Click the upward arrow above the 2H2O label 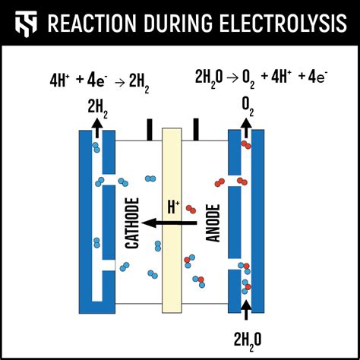click(x=246, y=311)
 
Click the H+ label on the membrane click(x=174, y=206)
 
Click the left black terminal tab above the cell click(x=150, y=129)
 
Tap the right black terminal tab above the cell click(x=196, y=129)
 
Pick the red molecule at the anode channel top click(x=245, y=144)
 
